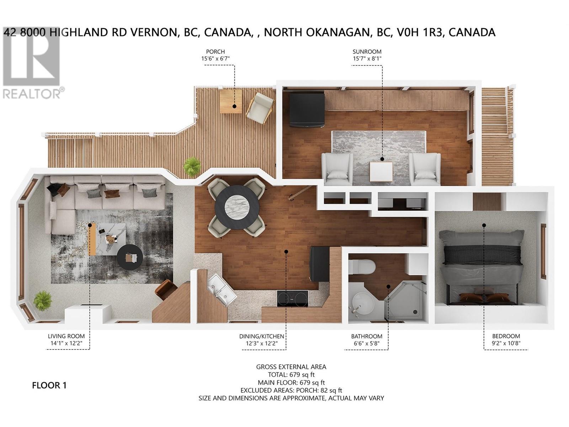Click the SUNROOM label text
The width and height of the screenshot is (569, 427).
tap(367, 52)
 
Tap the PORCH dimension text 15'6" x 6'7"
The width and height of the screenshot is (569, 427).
tap(218, 59)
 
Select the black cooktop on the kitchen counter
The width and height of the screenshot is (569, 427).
tap(292, 298)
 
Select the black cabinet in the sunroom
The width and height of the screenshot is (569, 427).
tap(307, 110)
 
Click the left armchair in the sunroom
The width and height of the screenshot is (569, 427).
tap(335, 168)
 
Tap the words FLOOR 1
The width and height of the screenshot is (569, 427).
tap(49, 385)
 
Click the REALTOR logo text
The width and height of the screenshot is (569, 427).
tap(32, 94)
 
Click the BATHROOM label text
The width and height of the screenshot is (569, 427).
tap(366, 336)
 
